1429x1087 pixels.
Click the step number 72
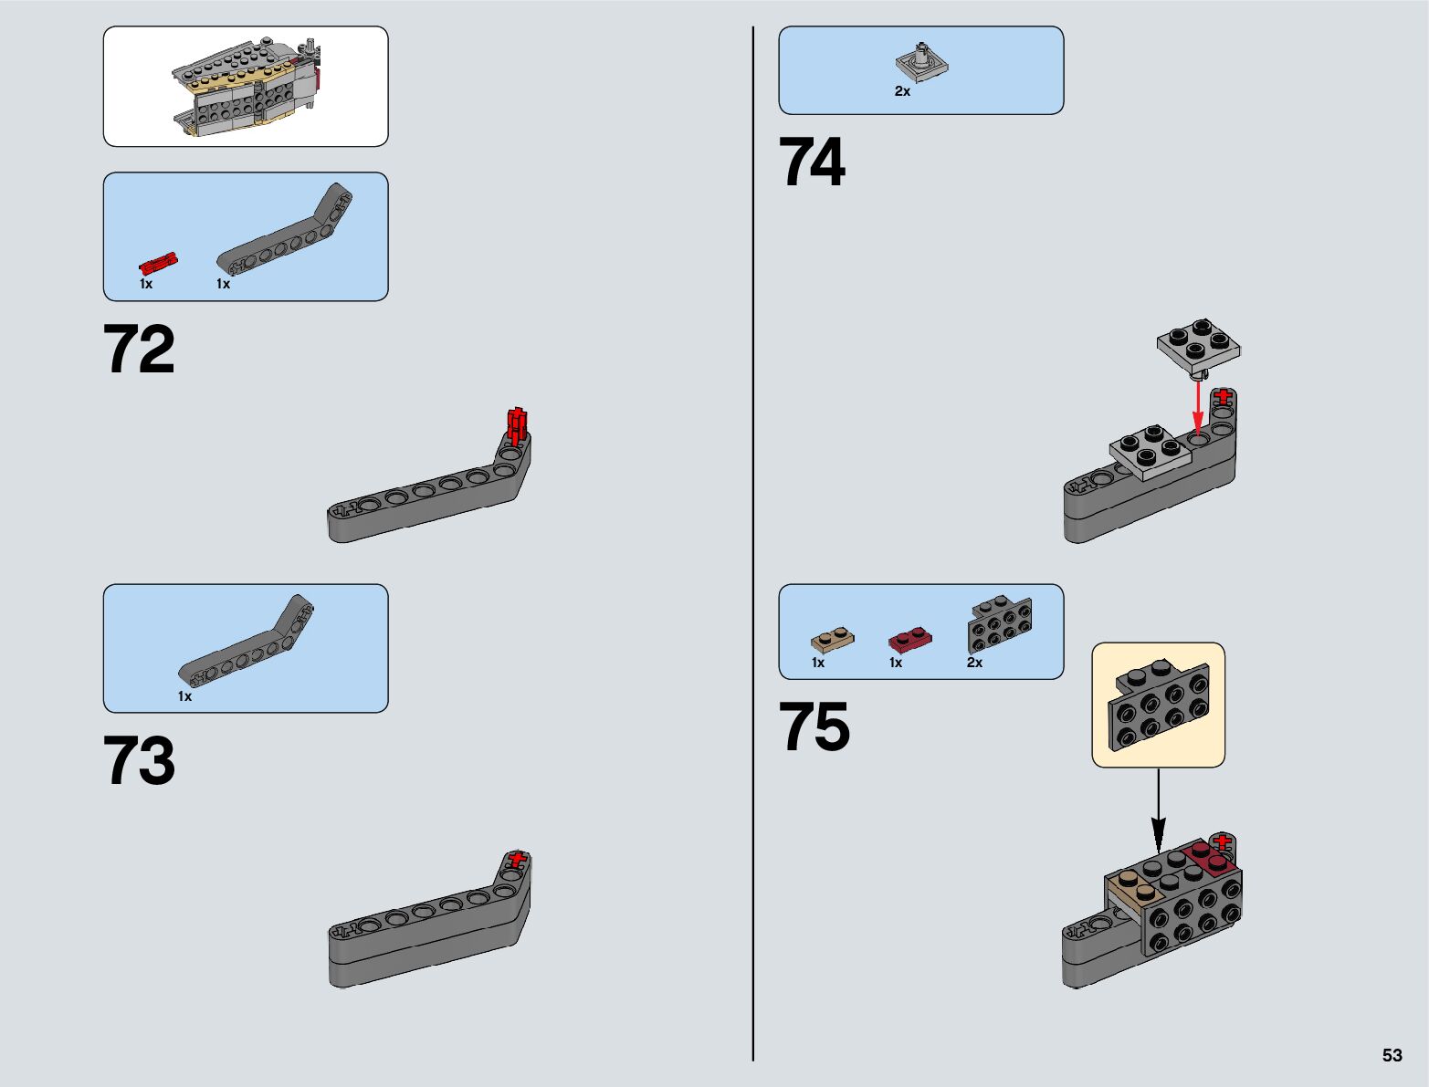point(139,350)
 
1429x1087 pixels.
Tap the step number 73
point(139,761)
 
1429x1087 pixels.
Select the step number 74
point(812,163)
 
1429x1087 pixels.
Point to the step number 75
point(814,727)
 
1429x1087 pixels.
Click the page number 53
point(1392,1055)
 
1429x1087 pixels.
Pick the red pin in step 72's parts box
point(158,264)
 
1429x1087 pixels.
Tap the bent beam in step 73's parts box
point(246,641)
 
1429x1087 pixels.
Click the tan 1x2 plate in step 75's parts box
point(832,638)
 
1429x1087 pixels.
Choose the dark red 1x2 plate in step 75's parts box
point(909,638)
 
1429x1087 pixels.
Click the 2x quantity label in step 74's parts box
point(902,91)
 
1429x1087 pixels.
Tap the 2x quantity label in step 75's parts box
point(974,663)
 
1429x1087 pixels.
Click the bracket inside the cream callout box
point(1158,704)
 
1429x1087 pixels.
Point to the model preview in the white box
point(246,87)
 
